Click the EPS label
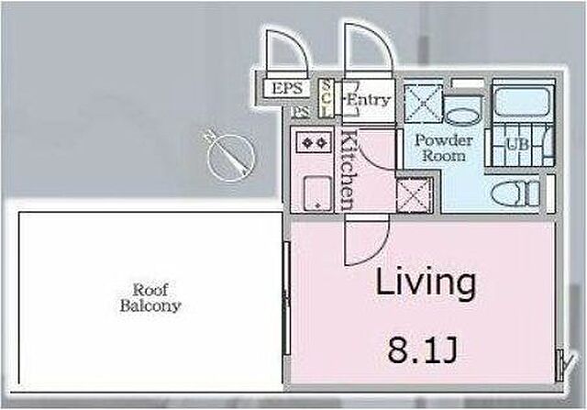(287, 89)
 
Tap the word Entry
(369, 100)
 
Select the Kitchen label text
(349, 170)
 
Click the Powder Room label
(444, 148)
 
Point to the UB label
(517, 144)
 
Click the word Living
(426, 283)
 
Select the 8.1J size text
(422, 351)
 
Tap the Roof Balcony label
(150, 298)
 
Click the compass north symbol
(230, 155)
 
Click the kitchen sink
(317, 194)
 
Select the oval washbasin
(462, 117)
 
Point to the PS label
(301, 112)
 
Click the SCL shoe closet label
(327, 99)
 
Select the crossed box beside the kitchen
(415, 195)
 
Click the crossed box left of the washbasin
(424, 104)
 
